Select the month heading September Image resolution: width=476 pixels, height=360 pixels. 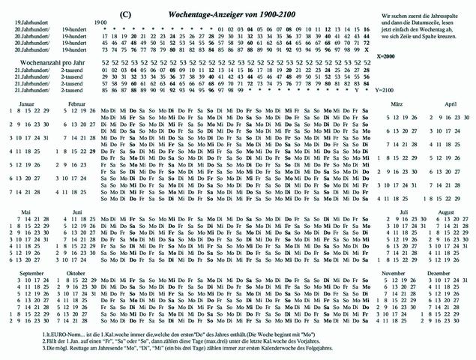point(32,272)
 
